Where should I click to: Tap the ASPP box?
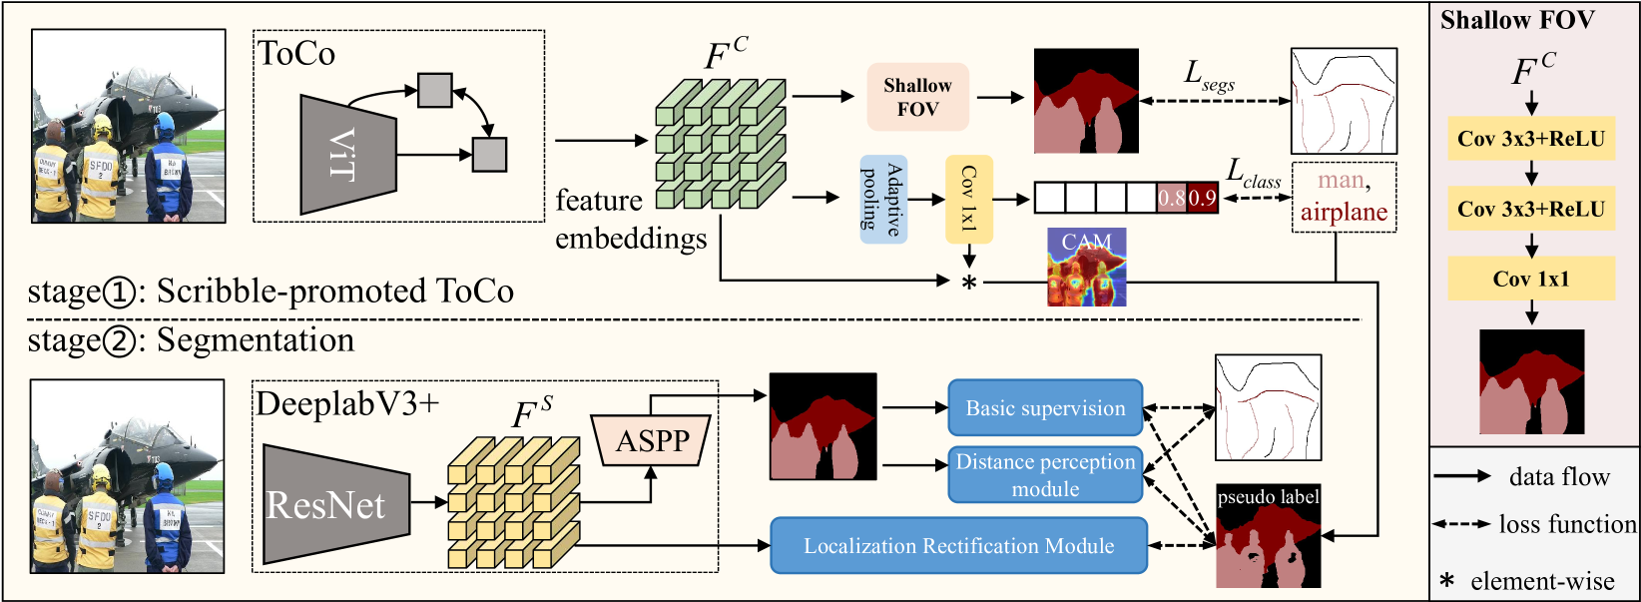pos(653,440)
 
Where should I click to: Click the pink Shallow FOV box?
pos(917,97)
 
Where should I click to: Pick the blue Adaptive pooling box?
pos(882,200)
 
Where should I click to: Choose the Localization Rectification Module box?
pos(958,546)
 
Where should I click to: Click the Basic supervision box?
pos(1044,408)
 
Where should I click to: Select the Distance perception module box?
pos(1044,475)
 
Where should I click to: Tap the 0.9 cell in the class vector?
pos(1203,198)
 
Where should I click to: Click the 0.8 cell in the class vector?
pos(1172,198)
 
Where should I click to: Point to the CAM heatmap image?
pos(1086,267)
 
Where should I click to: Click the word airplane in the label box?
pos(1344,213)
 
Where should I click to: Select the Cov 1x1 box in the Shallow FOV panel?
pos(1531,280)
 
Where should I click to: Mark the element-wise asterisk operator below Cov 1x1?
pos(968,284)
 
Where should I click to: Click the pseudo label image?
pos(1268,536)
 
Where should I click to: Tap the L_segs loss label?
pos(1208,75)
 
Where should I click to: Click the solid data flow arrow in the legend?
pos(1462,477)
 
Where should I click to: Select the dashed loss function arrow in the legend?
pos(1462,524)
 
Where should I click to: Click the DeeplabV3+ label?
pos(346,403)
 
